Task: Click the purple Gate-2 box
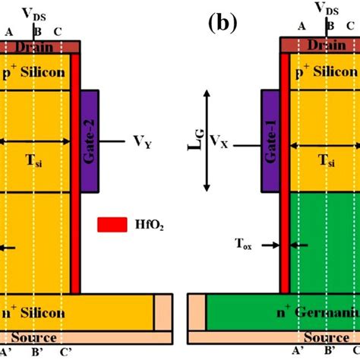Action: pyautogui.click(x=89, y=140)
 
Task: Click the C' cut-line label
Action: pyautogui.click(x=67, y=350)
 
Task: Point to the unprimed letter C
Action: pyautogui.click(x=58, y=32)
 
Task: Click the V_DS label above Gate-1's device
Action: pyautogui.click(x=330, y=10)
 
